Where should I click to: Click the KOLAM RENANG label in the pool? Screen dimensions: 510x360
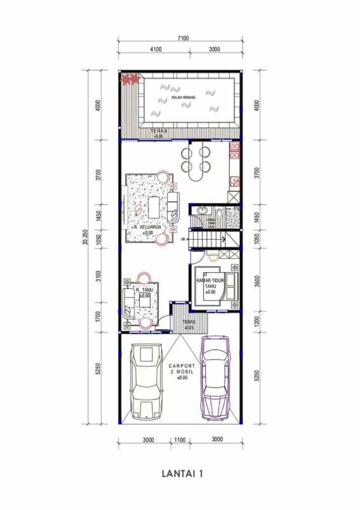pos(183,96)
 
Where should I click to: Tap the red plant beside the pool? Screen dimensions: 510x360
pos(130,79)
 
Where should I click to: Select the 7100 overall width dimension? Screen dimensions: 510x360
pos(183,39)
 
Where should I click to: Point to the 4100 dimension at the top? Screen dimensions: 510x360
pos(156,49)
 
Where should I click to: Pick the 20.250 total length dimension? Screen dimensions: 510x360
pos(85,244)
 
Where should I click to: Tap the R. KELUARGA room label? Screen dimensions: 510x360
pos(145,226)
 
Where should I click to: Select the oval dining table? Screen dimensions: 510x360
pos(196,160)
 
